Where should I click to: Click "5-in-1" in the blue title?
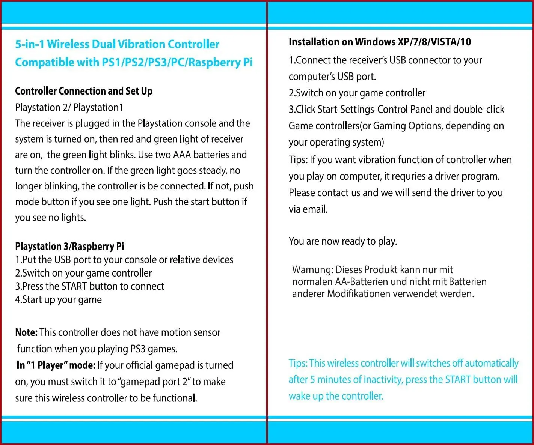click(30, 44)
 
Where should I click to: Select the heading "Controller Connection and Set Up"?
click(84, 91)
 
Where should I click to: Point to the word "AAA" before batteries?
click(182, 155)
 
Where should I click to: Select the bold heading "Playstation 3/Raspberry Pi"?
click(69, 247)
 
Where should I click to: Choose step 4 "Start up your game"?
click(59, 300)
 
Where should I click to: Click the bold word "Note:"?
click(26, 332)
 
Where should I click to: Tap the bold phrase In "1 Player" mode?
click(56, 365)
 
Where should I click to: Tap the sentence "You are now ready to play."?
click(343, 241)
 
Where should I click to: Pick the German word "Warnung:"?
click(312, 270)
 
